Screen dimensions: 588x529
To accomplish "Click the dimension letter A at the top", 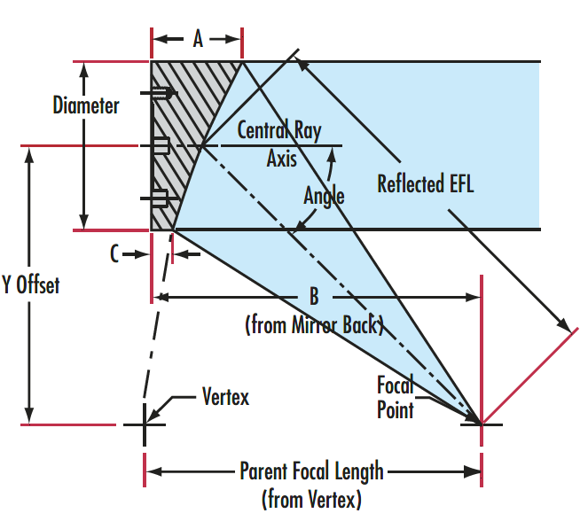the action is point(198,39).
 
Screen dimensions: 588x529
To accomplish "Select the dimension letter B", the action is point(314,297).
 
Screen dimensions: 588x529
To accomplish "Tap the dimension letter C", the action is point(114,253).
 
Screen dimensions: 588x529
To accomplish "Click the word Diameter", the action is point(86,105).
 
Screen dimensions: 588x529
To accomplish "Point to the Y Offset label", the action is point(30,284).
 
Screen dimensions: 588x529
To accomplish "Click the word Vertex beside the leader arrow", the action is point(226,396).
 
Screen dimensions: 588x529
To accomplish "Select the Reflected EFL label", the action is point(425,183).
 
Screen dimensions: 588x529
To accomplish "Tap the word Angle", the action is point(324,196).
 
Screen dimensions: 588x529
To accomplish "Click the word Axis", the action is point(282,159).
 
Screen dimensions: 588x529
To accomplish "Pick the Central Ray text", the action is point(279,130).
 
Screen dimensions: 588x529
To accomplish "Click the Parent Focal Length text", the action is point(311,471).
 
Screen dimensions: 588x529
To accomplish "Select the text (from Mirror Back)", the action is point(314,325).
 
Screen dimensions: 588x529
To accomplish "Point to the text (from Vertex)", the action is point(311,500).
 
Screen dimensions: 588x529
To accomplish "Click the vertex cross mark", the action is point(145,424).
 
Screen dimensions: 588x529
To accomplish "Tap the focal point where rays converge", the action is point(482,424).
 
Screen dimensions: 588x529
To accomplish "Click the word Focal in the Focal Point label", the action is point(395,385).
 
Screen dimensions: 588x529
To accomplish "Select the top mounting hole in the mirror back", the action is point(162,93).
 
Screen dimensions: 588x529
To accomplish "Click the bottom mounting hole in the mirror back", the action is point(160,198).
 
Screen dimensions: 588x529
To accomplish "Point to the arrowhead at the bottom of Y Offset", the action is point(29,416).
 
